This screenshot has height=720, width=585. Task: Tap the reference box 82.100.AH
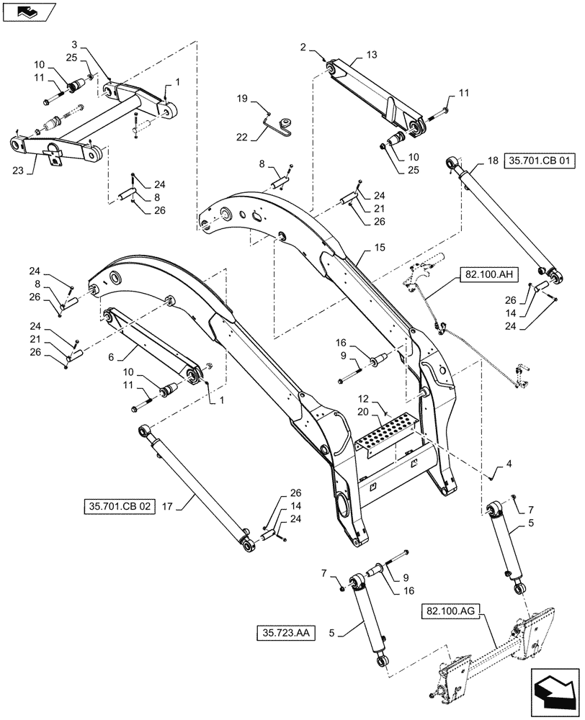tap(482, 274)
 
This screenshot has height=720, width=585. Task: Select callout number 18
tap(493, 163)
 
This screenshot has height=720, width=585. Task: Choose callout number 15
tap(380, 248)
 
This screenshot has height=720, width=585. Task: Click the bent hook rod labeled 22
tap(277, 126)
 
